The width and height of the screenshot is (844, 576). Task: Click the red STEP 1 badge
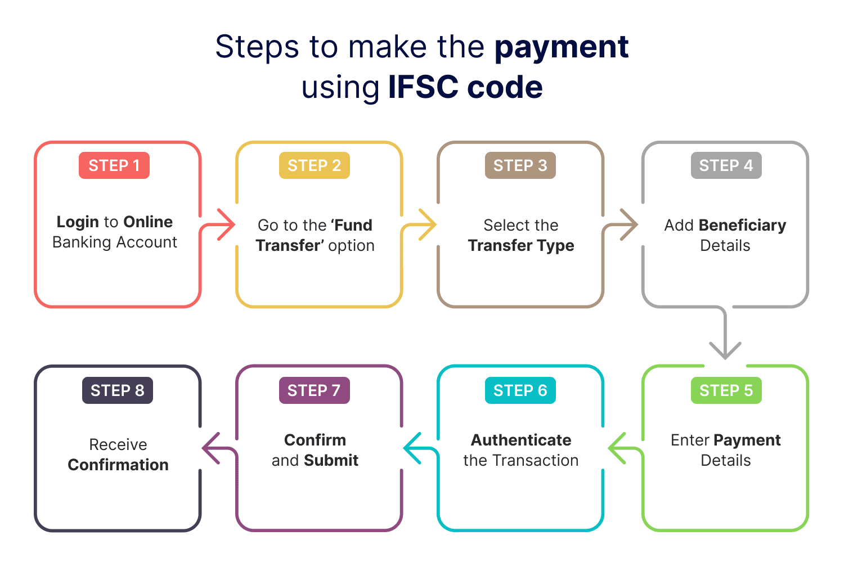tap(114, 165)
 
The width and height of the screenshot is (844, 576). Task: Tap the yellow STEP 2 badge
tap(314, 165)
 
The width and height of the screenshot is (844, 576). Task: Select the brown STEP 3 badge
tap(520, 165)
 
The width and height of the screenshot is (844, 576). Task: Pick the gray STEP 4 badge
tap(726, 165)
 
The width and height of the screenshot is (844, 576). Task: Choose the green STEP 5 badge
tap(726, 390)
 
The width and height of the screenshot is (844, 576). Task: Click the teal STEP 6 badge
tap(520, 390)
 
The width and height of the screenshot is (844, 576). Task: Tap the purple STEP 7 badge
tap(314, 390)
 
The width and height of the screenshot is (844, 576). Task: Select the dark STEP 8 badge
tap(118, 390)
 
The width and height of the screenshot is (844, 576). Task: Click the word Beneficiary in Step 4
tap(742, 225)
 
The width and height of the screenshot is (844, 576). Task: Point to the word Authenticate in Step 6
tap(521, 440)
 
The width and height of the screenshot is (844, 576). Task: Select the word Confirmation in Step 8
tap(118, 465)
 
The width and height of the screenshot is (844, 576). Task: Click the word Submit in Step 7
tap(331, 460)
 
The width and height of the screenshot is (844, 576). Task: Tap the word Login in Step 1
tap(78, 222)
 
